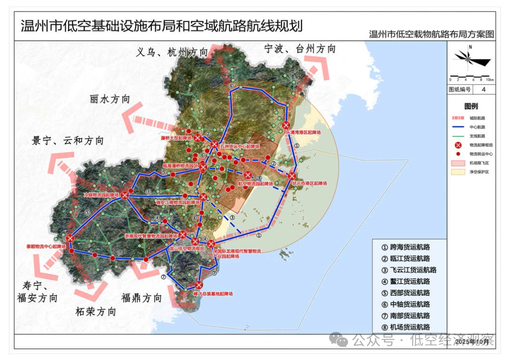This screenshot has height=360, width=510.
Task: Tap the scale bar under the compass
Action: pyautogui.click(x=471, y=77)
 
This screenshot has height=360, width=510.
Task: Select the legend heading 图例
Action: pyautogui.click(x=471, y=107)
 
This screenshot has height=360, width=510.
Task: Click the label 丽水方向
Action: pyautogui.click(x=109, y=99)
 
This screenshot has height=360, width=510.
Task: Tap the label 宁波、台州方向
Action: pyautogui.click(x=300, y=49)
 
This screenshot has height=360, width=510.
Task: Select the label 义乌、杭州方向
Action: pyautogui.click(x=172, y=52)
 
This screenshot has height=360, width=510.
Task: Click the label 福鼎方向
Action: pyautogui.click(x=142, y=298)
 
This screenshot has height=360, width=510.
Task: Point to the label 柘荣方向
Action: pyautogui.click(x=96, y=312)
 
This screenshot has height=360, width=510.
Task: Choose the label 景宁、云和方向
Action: pyautogui.click(x=68, y=141)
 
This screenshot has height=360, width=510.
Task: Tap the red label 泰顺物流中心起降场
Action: pyautogui.click(x=46, y=246)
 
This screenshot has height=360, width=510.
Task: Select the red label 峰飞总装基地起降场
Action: pyautogui.click(x=213, y=293)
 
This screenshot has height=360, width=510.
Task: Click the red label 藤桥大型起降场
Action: pyautogui.click(x=177, y=138)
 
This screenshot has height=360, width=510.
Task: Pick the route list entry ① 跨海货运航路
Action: pyautogui.click(x=406, y=247)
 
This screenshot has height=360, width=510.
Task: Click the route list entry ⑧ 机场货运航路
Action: pyautogui.click(x=406, y=327)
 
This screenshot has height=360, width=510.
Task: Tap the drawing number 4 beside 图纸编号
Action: pyautogui.click(x=483, y=90)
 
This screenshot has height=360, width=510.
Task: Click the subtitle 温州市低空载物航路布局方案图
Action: pyautogui.click(x=432, y=34)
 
